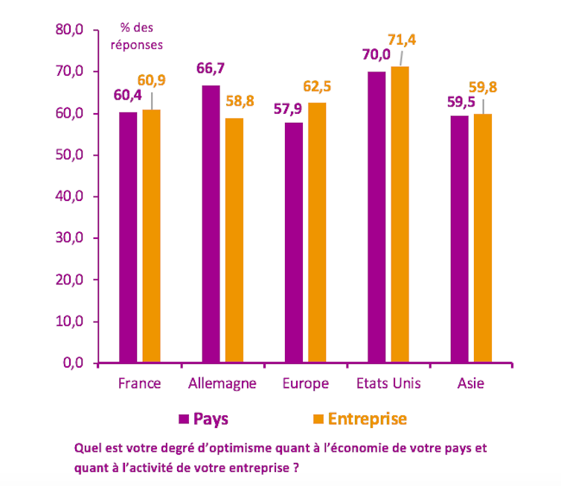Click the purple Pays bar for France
click(128, 237)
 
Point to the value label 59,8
click(483, 88)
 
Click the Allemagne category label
click(222, 384)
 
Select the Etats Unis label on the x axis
click(388, 384)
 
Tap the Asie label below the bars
click(470, 384)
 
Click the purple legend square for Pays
click(184, 419)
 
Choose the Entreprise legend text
click(367, 419)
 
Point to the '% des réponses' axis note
click(136, 36)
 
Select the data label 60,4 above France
click(127, 95)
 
